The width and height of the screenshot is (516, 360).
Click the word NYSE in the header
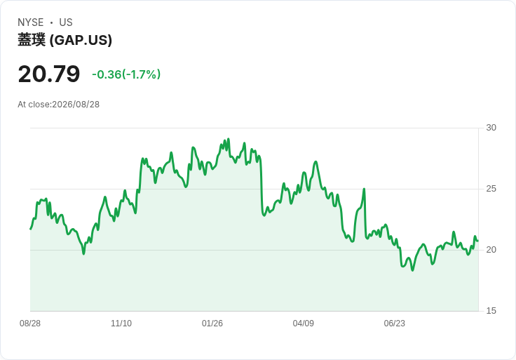tap(31, 22)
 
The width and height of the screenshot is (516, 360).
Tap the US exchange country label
tap(66, 22)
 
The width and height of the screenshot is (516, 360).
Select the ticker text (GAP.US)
tap(81, 40)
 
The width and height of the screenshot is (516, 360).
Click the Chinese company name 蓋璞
tap(32, 40)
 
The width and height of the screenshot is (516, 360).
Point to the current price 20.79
tap(49, 74)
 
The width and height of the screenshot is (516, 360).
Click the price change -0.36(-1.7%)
tap(126, 74)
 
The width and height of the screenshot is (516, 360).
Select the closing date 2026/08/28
tap(76, 105)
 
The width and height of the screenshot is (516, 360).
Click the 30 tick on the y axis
tap(491, 128)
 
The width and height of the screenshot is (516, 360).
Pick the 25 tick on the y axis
tap(491, 189)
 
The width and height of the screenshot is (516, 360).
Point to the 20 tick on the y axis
tap(491, 250)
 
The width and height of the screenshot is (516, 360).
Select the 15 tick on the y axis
tap(491, 311)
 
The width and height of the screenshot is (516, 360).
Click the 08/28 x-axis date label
tap(30, 324)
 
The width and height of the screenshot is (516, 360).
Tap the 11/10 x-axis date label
tap(121, 324)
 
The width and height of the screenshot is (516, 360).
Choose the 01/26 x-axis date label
tap(212, 324)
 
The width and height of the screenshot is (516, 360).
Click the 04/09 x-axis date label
tap(303, 324)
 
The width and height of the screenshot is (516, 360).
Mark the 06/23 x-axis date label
tap(394, 324)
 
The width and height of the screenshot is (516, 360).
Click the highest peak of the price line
tap(229, 139)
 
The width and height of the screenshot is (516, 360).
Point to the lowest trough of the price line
tap(413, 270)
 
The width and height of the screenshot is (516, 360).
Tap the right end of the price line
tap(478, 241)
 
